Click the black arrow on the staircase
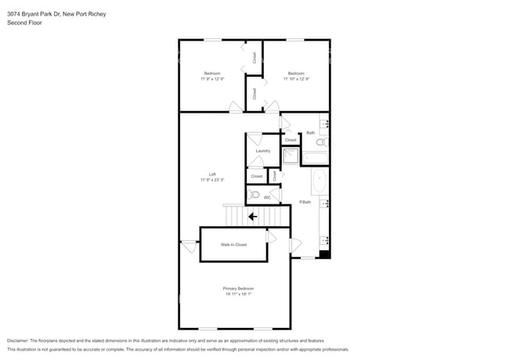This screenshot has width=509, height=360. point(252,217)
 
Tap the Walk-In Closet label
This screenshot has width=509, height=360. point(233,245)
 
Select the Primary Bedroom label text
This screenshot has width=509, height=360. point(238,289)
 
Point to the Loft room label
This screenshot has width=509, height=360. point(212,175)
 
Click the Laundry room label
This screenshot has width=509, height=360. point(263,151)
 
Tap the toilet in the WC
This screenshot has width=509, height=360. point(254,194)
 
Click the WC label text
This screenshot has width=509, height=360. point(267,198)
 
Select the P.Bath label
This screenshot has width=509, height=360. point(305,203)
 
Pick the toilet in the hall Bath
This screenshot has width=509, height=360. point(321,142)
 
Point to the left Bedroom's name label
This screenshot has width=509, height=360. point(212,74)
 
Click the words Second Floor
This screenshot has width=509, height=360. point(24,23)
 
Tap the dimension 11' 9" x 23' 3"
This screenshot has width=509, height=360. point(212,180)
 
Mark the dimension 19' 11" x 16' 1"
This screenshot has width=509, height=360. point(238,294)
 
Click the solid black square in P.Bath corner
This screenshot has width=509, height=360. point(325,254)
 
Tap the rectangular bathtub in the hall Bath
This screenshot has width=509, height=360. point(315,158)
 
